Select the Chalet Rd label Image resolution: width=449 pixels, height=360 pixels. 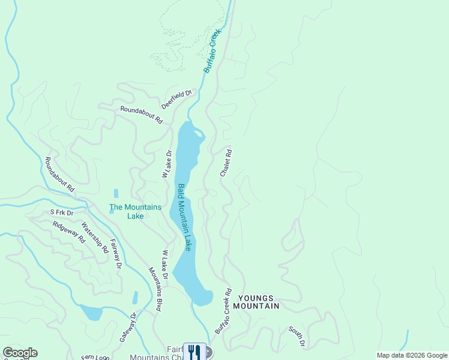226,163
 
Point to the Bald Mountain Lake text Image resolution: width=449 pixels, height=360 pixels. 184,217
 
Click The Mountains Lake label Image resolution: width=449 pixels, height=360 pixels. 135,211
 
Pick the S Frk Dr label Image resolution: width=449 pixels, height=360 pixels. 61,212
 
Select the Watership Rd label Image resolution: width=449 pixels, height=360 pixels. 94,238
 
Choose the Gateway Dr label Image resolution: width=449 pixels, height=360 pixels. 128,327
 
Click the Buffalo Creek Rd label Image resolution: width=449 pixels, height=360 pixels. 223,312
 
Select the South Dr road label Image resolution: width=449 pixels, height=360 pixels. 297,336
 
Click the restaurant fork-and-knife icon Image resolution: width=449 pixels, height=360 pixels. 194,352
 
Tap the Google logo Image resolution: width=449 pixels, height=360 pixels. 20,353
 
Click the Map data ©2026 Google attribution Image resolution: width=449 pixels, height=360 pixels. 412,355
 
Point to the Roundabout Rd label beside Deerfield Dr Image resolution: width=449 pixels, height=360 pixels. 141,115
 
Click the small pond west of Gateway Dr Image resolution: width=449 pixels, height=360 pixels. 91,313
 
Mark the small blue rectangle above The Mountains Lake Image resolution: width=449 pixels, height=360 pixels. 116,194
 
